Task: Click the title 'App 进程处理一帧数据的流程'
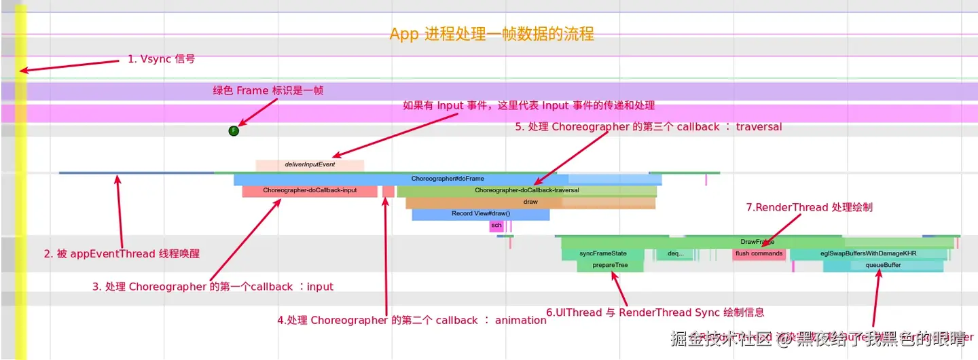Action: (492, 34)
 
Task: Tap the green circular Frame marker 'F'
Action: (234, 130)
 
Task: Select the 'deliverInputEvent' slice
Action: (310, 164)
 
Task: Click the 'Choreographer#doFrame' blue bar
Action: (448, 179)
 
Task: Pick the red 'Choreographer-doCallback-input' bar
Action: (310, 191)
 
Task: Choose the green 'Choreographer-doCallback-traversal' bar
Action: (526, 191)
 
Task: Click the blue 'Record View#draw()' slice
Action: (480, 214)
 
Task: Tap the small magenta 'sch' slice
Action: (496, 226)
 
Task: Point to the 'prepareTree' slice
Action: (610, 266)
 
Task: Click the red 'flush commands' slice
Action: (759, 253)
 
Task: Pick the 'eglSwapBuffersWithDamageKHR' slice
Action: (868, 253)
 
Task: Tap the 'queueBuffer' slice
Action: (883, 266)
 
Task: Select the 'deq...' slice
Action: (675, 253)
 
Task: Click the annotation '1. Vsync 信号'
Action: (161, 59)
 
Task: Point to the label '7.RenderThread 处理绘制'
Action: (809, 208)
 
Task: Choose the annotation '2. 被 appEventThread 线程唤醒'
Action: (122, 254)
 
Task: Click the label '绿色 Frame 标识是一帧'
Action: (268, 91)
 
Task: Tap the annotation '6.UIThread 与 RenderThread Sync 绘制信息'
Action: (655, 312)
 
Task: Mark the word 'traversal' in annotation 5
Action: (759, 126)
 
